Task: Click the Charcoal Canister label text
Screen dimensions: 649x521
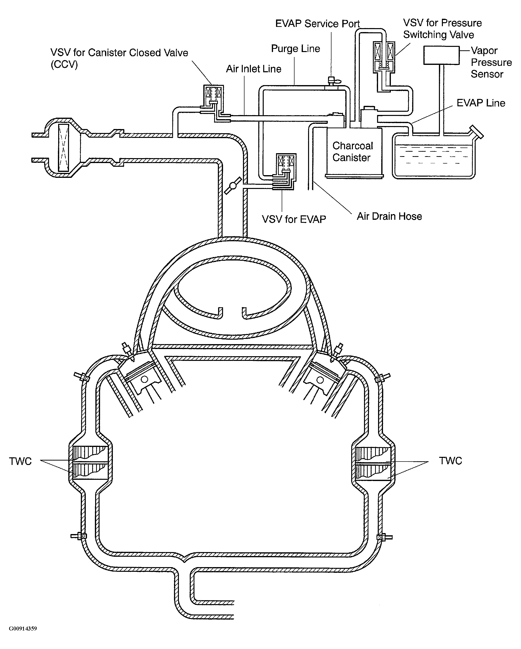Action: pyautogui.click(x=352, y=151)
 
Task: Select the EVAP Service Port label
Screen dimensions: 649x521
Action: pyautogui.click(x=317, y=24)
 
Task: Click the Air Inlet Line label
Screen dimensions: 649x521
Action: pyautogui.click(x=254, y=69)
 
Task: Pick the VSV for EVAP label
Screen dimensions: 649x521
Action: pyautogui.click(x=294, y=219)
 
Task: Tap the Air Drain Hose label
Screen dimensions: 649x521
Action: pyautogui.click(x=389, y=216)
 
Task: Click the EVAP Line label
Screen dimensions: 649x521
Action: pyautogui.click(x=481, y=103)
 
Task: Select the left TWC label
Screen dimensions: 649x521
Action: pyautogui.click(x=20, y=461)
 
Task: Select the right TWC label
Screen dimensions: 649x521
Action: pyautogui.click(x=450, y=461)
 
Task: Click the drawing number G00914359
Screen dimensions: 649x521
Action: pyautogui.click(x=23, y=629)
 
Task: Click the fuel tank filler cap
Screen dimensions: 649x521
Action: pyautogui.click(x=476, y=132)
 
